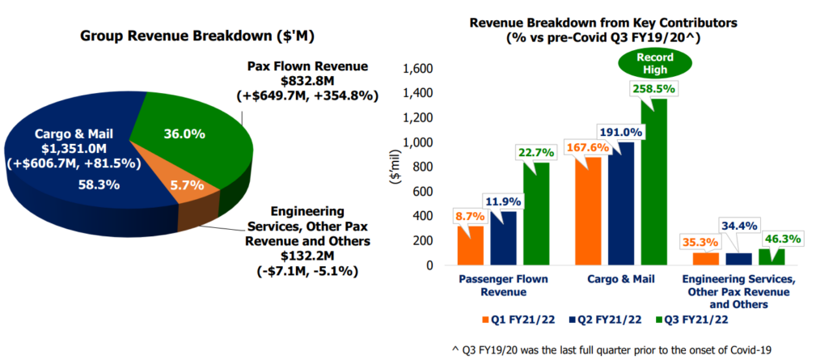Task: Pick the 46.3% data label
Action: coord(782,239)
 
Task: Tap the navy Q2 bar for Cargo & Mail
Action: coord(624,204)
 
